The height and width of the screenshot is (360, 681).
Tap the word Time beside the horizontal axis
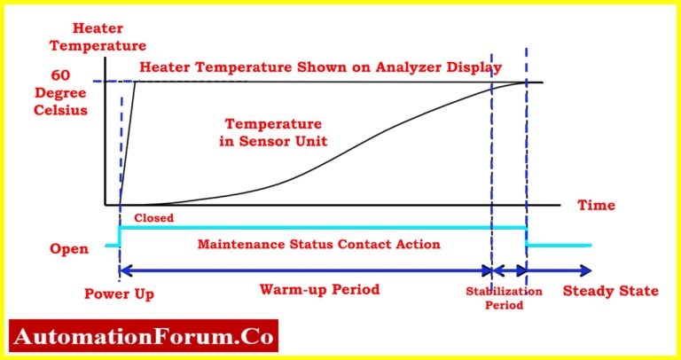pyautogui.click(x=596, y=206)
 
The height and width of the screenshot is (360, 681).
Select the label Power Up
pyautogui.click(x=115, y=292)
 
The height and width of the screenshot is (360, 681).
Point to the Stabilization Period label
pyautogui.click(x=504, y=297)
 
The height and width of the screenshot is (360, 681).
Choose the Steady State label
pyautogui.click(x=611, y=291)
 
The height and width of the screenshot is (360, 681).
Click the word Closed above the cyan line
pyautogui.click(x=153, y=216)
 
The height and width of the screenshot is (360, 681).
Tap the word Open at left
pyautogui.click(x=67, y=249)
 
